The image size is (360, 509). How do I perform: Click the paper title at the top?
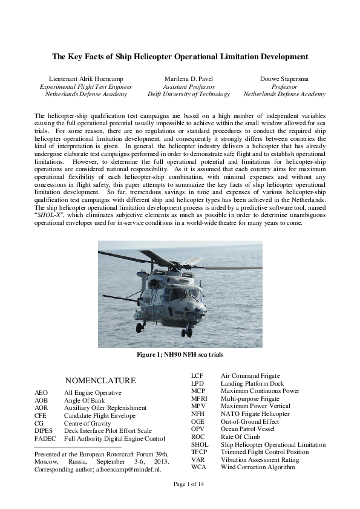(180, 57)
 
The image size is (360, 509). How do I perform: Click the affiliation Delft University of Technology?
(188, 94)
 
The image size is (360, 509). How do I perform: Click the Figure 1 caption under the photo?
(180, 354)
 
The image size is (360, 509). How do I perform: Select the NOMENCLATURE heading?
(100, 380)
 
